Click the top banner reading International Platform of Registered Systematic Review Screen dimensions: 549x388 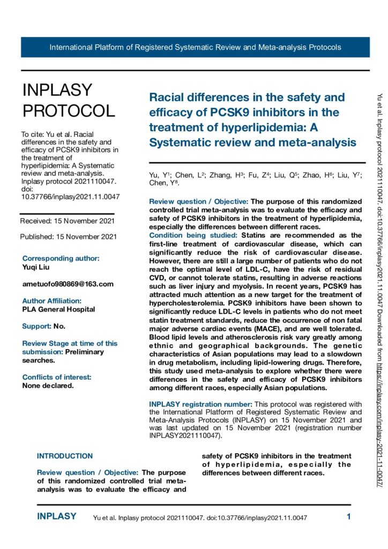pos(195,47)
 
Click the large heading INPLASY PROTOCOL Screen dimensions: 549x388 pos(68,100)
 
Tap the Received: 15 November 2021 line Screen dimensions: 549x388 pos(67,221)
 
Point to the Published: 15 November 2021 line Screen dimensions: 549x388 pos(68,236)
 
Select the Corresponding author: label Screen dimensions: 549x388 pos(61,258)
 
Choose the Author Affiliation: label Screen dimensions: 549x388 pos(51,301)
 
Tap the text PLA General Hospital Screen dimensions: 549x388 pos(58,309)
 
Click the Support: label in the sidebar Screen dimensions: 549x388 pos(36,326)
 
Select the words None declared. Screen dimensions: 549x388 pos(48,385)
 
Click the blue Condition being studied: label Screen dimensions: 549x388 pos(195,235)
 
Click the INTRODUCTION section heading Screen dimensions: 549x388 pos(64,456)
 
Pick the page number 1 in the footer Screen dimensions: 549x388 pos(349,517)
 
